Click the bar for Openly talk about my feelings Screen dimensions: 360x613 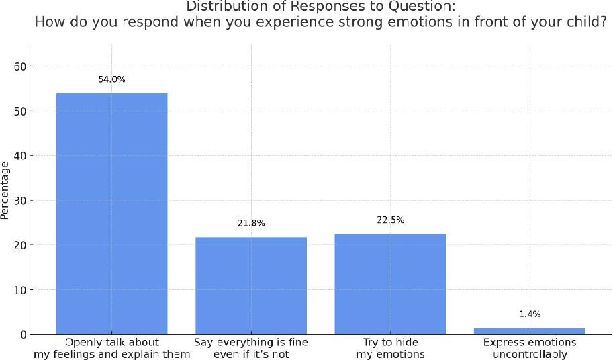pos(111,214)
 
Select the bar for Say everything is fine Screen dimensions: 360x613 pos(251,285)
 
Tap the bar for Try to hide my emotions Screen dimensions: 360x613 pos(390,283)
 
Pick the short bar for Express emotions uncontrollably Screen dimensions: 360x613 pos(530,331)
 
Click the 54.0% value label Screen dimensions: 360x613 pos(111,79)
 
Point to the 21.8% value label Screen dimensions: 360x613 pos(251,223)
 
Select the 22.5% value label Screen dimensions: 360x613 pos(390,220)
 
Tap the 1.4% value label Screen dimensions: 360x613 pos(530,314)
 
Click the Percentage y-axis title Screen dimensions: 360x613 pos(5,190)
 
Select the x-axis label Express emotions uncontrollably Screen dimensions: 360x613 pos(530,348)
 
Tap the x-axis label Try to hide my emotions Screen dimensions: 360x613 pos(390,348)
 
